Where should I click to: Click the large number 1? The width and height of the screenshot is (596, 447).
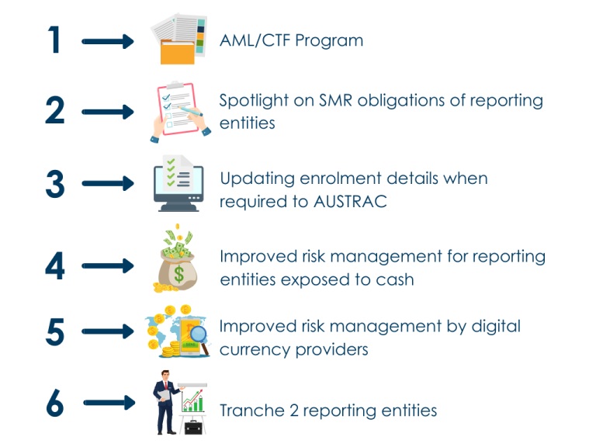54,40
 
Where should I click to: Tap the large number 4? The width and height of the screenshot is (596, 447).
55,265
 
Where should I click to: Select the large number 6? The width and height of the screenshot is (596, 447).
55,404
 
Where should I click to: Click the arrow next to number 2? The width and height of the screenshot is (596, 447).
108,113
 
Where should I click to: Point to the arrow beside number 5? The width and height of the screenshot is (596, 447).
108,331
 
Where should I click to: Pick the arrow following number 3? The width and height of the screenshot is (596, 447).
108,185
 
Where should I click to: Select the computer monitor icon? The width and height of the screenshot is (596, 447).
178,185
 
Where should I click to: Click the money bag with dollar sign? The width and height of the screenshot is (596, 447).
178,268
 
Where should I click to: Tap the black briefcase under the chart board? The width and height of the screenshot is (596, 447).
190,426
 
